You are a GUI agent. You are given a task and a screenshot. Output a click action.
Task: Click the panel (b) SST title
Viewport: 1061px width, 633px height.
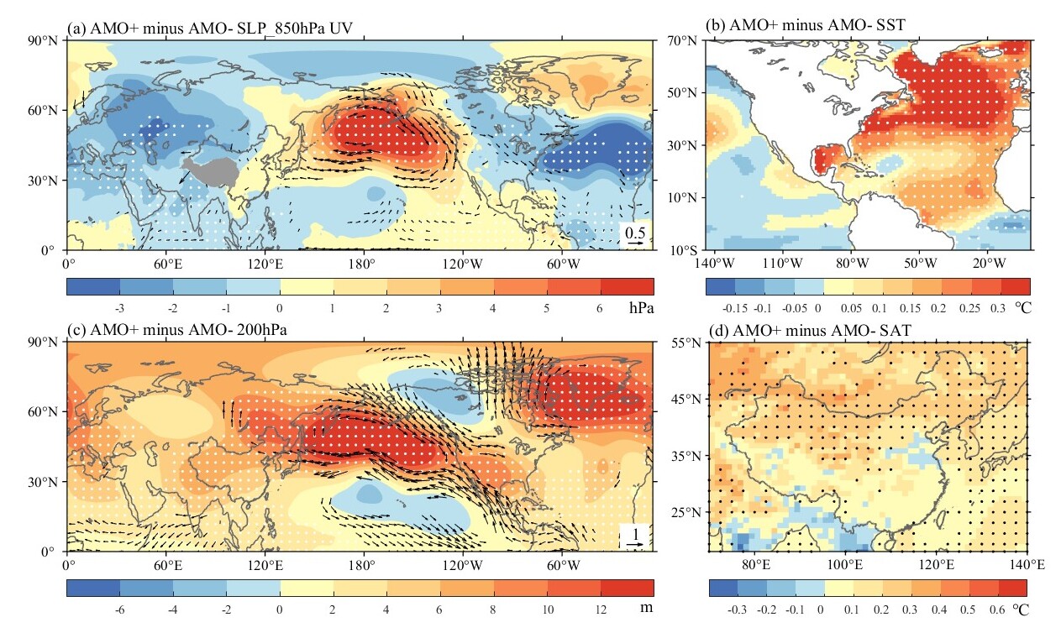coord(809,26)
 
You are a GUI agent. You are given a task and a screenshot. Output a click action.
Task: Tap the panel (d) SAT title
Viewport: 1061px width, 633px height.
coord(805,331)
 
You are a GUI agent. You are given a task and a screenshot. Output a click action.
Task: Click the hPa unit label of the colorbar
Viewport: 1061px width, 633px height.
coord(638,308)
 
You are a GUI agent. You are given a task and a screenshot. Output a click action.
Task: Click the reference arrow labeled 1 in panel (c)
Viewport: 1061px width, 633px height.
coord(635,544)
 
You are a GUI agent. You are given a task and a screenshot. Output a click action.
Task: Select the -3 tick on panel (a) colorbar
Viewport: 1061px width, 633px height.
coord(119,308)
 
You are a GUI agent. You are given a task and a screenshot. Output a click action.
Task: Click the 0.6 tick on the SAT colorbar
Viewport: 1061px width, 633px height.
coord(997,609)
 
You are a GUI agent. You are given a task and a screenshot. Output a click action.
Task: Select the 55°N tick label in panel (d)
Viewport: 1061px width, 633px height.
coord(690,343)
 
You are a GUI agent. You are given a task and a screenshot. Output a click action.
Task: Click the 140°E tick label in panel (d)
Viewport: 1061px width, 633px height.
coord(1026,564)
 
